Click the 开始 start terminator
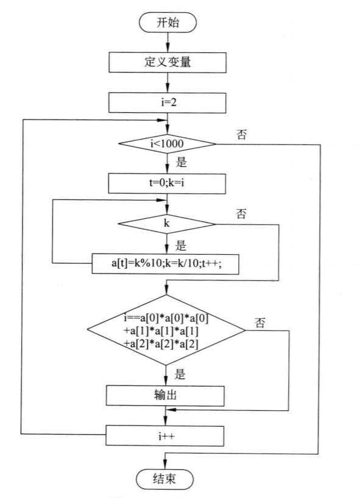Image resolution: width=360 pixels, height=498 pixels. tap(168, 23)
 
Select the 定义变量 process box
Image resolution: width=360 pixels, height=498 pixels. tap(168, 62)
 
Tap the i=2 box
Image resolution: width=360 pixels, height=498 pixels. tap(168, 102)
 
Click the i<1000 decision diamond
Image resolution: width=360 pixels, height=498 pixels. tap(168, 144)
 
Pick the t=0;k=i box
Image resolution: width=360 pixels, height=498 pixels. tap(167, 183)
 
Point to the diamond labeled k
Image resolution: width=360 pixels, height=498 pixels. tap(167, 224)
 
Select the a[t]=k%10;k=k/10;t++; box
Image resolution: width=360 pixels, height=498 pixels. tap(166, 263)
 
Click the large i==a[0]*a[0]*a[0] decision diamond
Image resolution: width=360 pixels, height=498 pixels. tap(166, 330)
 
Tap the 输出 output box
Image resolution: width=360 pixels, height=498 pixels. tap(165, 396)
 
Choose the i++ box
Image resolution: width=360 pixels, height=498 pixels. tap(164, 436)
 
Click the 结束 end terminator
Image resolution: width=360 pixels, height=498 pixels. tap(164, 479)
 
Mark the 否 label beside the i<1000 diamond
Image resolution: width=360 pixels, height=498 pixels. tap(241, 134)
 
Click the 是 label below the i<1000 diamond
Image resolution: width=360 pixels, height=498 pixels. tap(181, 162)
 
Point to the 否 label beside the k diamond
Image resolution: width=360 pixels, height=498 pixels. tap(241, 213)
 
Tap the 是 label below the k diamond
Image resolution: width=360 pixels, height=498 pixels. tap(181, 246)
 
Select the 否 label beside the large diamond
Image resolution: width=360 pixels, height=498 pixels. tap(260, 323)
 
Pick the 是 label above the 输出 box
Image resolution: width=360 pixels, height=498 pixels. tap(180, 374)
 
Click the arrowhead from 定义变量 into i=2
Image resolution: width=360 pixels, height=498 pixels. tap(168, 88)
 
